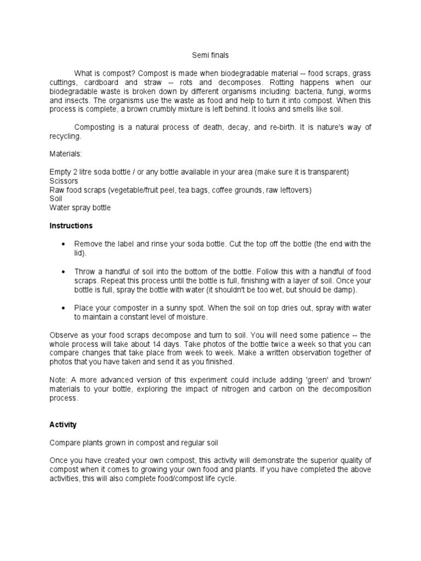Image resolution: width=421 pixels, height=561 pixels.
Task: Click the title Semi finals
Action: coord(210,55)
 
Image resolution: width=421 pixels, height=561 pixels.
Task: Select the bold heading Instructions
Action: coord(71,226)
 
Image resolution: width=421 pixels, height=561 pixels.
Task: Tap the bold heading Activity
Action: coord(63,425)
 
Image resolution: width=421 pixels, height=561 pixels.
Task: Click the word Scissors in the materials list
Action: coord(64,181)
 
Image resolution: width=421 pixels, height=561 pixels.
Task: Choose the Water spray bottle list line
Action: coord(79,208)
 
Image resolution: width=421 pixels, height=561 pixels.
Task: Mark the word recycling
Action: coord(65,136)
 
